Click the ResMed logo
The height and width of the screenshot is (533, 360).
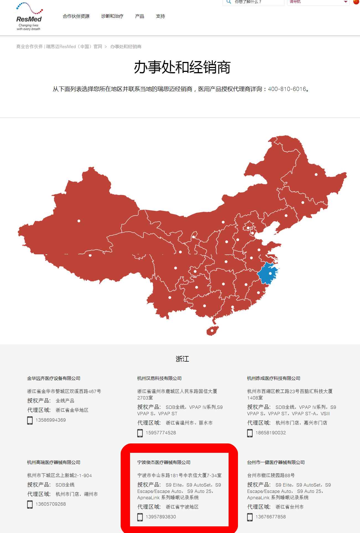coord(29,17)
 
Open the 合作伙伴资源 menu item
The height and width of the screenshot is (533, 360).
coord(76,16)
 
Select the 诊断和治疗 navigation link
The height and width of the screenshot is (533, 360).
coord(112,16)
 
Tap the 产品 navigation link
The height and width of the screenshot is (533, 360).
coord(139,16)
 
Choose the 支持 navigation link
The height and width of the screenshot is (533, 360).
coord(160,16)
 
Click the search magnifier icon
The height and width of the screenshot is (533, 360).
coord(229,2)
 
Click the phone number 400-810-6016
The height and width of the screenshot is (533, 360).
coord(287,89)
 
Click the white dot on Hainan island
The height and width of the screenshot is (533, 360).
coord(212,330)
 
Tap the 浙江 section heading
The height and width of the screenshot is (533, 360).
coord(182,359)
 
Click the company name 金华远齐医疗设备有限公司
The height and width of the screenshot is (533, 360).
coord(54,378)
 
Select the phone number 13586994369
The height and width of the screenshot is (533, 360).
coord(51,420)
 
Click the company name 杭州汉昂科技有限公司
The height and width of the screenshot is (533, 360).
coord(159,378)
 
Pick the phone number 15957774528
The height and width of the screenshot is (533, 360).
coord(161,433)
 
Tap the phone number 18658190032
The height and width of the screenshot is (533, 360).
coord(271,433)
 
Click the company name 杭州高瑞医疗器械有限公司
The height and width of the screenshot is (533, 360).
coord(54,462)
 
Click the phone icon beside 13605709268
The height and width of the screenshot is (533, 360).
coord(30,504)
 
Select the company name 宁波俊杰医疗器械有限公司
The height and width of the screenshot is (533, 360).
coord(164,462)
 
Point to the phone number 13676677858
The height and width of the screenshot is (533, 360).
coord(271,517)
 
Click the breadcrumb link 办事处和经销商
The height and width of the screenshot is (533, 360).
coord(126,46)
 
